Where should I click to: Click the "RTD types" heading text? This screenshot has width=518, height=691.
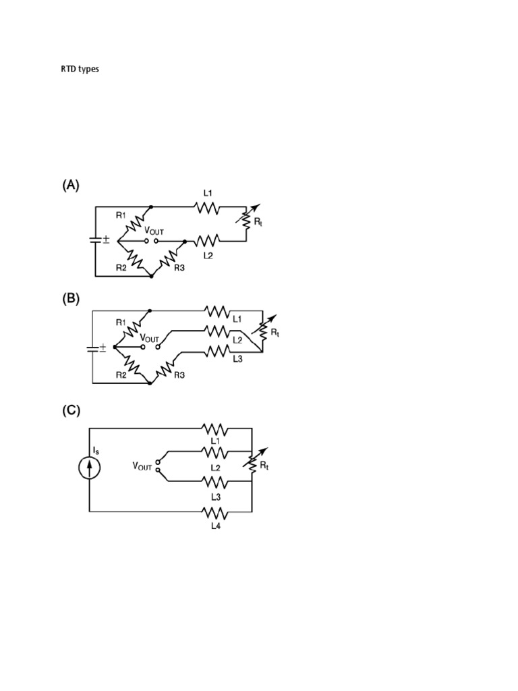[x=80, y=69]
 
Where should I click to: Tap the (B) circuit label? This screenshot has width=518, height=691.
[x=71, y=298]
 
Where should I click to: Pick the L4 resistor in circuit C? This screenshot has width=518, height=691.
[x=216, y=512]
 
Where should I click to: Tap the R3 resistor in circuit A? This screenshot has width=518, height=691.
[x=169, y=258]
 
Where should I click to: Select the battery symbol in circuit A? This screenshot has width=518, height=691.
[x=95, y=240]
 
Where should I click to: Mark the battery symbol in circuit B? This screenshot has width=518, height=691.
[x=93, y=348]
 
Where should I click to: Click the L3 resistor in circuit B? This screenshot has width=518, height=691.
[x=217, y=351]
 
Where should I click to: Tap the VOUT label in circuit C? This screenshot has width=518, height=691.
[x=142, y=466]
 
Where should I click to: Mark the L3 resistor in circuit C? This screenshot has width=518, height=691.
[x=216, y=481]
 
